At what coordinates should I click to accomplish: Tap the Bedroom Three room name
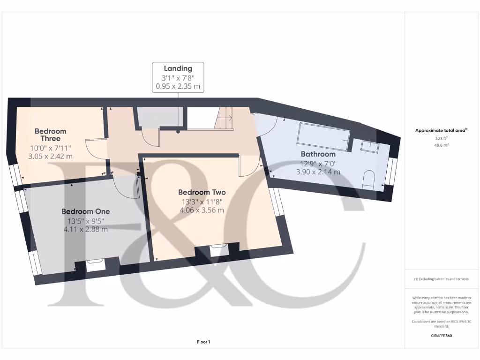click(x=51, y=135)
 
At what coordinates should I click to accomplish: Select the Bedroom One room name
click(x=86, y=211)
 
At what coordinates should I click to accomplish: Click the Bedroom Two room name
click(x=202, y=192)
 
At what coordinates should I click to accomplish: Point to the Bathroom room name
click(x=318, y=154)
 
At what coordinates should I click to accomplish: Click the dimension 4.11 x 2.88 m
click(x=86, y=229)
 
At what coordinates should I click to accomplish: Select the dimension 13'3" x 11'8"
click(x=202, y=202)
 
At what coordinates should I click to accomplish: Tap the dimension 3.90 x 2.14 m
click(x=318, y=172)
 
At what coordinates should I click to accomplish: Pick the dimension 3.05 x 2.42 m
click(x=51, y=156)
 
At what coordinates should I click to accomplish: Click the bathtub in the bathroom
click(x=323, y=136)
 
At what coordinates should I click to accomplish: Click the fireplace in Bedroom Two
click(x=219, y=250)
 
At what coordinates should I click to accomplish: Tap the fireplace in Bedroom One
click(x=96, y=266)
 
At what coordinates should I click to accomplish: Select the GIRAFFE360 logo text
click(x=441, y=336)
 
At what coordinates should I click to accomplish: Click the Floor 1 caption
click(x=203, y=342)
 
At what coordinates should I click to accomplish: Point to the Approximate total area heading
click(x=441, y=131)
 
